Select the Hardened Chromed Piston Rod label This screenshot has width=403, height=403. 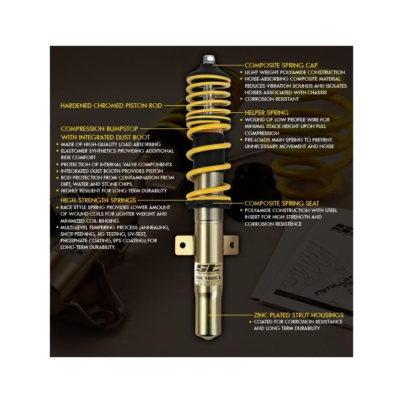[111, 106]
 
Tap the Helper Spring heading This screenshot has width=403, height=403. [266, 112]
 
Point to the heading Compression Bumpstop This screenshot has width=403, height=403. [99, 128]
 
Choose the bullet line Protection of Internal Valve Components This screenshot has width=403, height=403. [116, 165]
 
